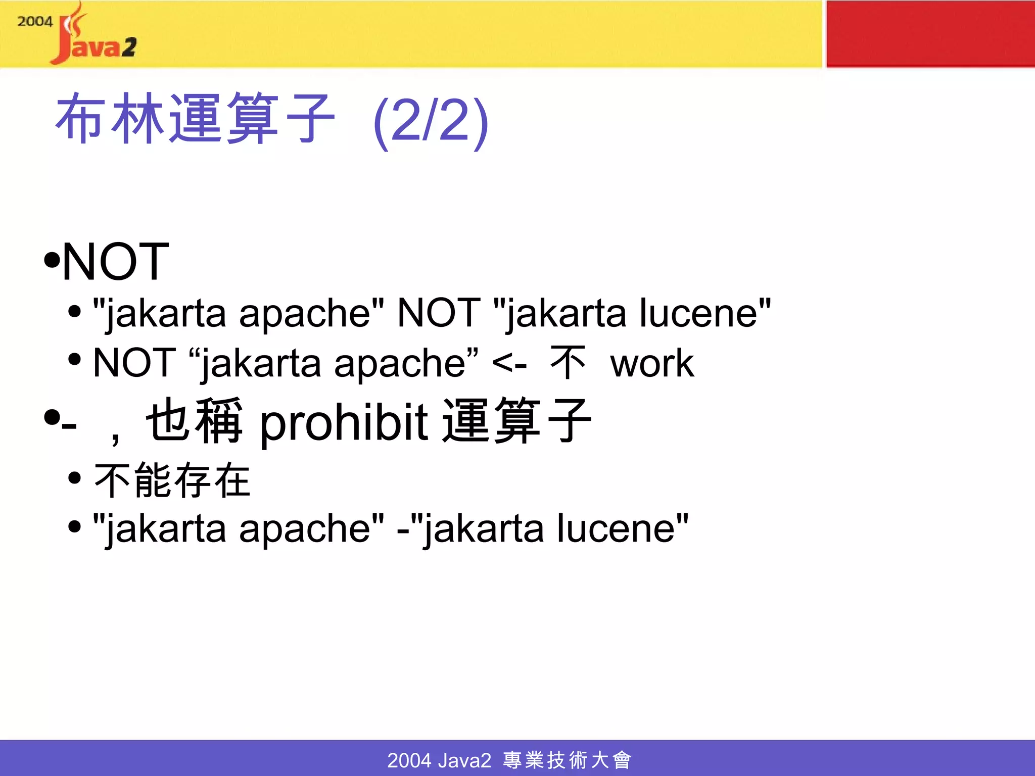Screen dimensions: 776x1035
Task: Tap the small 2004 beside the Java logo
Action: (x=34, y=22)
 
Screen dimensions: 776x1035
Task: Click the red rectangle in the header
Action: (x=930, y=33)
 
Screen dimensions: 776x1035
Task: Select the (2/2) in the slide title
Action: (x=431, y=121)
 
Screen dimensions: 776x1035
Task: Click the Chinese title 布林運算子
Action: (x=195, y=119)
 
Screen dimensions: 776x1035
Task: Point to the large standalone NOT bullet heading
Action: (x=115, y=261)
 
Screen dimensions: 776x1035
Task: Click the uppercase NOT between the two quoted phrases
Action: (x=439, y=313)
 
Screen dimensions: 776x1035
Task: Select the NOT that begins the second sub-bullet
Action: (x=134, y=363)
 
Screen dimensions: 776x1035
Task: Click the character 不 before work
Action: (x=568, y=363)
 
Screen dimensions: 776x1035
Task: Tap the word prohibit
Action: (x=344, y=422)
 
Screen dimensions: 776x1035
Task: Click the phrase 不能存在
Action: (x=172, y=480)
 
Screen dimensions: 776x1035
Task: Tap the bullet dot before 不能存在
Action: (x=75, y=478)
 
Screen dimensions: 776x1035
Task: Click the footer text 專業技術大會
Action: (x=567, y=760)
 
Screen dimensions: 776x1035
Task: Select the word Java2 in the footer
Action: (x=464, y=760)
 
